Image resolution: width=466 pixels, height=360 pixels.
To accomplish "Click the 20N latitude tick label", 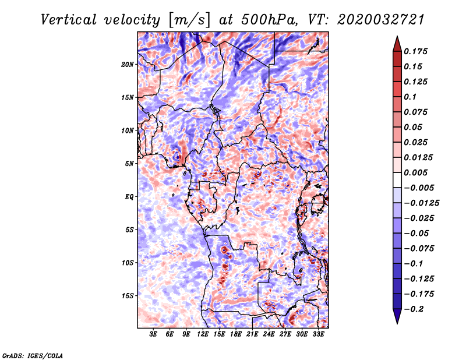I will pos(128,64).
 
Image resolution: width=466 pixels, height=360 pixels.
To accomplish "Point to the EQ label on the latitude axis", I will pos(129,197).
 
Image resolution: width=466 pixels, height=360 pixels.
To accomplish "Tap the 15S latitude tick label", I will pos(128,296).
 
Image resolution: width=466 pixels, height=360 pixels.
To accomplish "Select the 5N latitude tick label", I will pos(129,164).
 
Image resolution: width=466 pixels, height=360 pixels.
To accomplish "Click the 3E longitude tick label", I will pos(154,335).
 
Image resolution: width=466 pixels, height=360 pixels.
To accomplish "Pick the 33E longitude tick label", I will pos(318,335).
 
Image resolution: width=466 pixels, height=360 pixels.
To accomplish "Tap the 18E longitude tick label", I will pos(236,335).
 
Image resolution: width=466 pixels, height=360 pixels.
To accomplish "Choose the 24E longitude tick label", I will pos(269,335).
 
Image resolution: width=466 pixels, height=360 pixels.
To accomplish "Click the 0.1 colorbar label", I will pos(411,97).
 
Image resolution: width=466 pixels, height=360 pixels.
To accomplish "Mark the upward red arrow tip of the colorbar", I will pos(397,37).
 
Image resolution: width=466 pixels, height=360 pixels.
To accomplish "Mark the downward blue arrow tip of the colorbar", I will pos(397,322).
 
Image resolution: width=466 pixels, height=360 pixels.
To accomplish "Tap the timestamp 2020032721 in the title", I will pos(374,20).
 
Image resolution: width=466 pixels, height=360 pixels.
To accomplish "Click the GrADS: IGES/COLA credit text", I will pos(33,355).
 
